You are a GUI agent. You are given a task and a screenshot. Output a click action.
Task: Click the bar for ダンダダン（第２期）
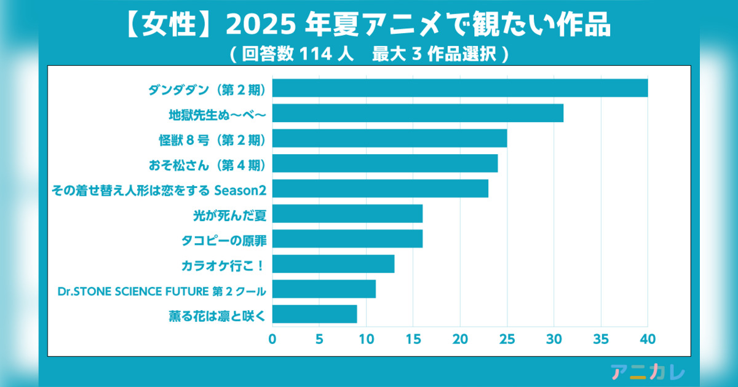coord(459,88)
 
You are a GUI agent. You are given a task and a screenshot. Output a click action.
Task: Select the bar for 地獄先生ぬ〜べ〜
coord(418,114)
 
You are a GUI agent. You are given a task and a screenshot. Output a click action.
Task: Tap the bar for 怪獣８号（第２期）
coord(389,138)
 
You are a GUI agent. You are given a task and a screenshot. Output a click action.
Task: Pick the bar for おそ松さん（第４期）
coord(384,163)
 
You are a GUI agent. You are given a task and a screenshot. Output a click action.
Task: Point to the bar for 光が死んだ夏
coord(347,213)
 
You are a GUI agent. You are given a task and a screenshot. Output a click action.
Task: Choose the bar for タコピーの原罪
coord(347,238)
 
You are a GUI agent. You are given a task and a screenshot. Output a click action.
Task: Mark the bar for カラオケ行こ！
coord(333,264)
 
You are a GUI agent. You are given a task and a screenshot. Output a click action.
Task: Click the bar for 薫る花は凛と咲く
coord(314,314)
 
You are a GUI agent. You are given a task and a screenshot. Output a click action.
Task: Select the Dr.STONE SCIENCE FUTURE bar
coord(323,289)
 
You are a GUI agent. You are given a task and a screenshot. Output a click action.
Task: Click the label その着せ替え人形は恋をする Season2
coord(158,189)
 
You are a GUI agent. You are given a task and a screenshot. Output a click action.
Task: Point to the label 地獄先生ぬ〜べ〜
coord(216,114)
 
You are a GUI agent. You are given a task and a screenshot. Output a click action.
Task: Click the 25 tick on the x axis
coord(507,338)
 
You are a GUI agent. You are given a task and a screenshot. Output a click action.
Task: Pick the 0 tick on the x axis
coord(272,338)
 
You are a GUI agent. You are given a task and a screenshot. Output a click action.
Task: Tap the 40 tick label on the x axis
coord(648,338)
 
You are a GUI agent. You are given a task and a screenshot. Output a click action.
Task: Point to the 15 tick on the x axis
coord(413,338)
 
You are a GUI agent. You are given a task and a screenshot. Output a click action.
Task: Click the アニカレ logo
coord(648,371)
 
